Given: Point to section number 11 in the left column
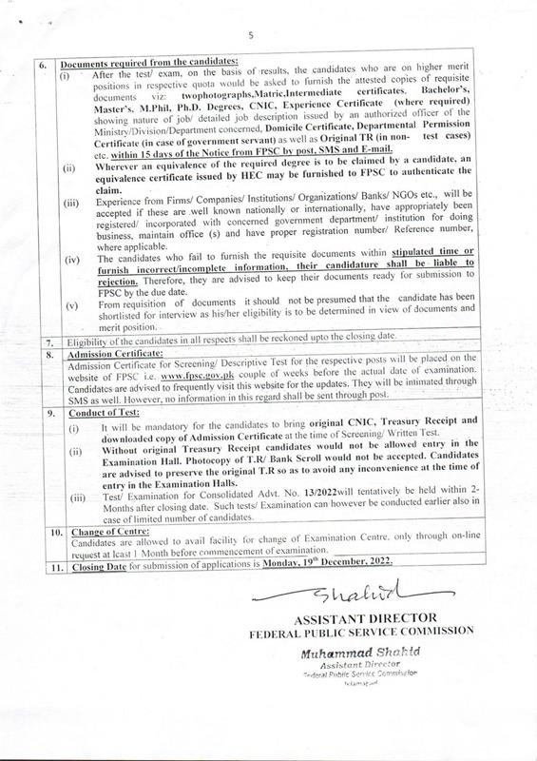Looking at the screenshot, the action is pos(42,563).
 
